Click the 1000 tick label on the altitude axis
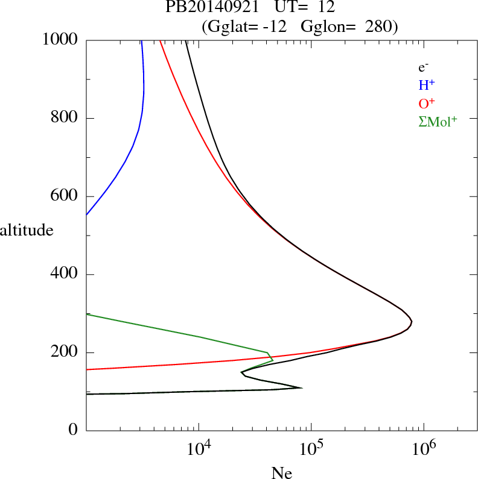(x=60, y=40)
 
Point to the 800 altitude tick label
(x=65, y=118)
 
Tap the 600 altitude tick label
(x=65, y=196)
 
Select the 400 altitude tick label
(x=65, y=275)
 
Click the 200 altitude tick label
(x=65, y=352)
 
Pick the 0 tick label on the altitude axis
(x=74, y=431)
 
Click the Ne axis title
(x=282, y=473)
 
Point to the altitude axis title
(x=27, y=230)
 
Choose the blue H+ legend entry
(x=427, y=86)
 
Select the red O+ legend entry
(x=427, y=103)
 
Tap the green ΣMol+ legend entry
(x=438, y=121)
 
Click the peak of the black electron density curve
(x=412, y=323)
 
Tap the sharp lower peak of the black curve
(x=301, y=388)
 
